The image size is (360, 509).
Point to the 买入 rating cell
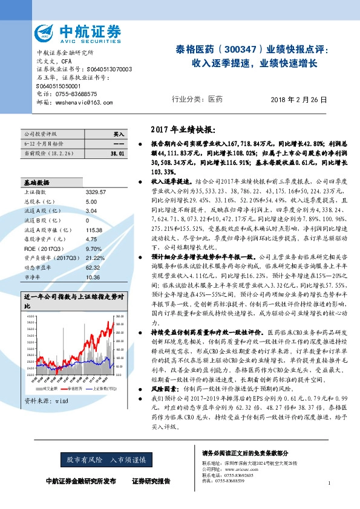119,134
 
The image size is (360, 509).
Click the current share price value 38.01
117,155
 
